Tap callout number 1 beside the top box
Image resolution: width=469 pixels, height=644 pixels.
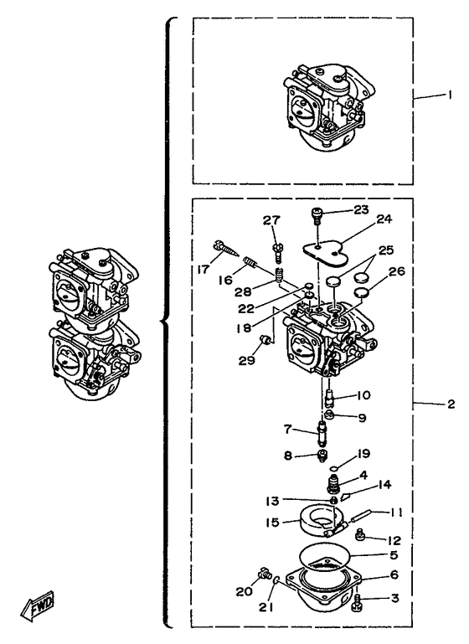coord(450,95)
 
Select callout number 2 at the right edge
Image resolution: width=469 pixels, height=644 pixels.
coord(451,404)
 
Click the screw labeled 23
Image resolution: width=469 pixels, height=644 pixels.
coord(317,214)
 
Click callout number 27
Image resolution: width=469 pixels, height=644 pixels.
coord(271,220)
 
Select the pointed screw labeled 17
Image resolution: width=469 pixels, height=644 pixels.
coord(226,249)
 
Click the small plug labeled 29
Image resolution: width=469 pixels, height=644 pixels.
coord(265,340)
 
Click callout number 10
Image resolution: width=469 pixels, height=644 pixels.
coord(363,394)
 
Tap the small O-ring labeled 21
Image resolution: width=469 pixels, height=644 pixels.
coord(276,580)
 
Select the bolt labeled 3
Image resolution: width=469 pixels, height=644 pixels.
coord(357,605)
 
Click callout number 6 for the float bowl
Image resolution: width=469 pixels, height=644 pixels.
coord(394,574)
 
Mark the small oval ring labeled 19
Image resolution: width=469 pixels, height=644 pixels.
coord(335,468)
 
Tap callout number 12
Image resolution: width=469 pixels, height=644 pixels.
coord(394,539)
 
